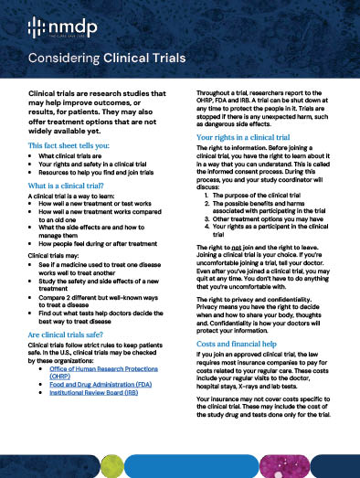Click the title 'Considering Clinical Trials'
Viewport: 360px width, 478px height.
click(x=108, y=58)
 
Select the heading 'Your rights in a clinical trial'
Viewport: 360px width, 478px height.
click(x=252, y=136)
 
